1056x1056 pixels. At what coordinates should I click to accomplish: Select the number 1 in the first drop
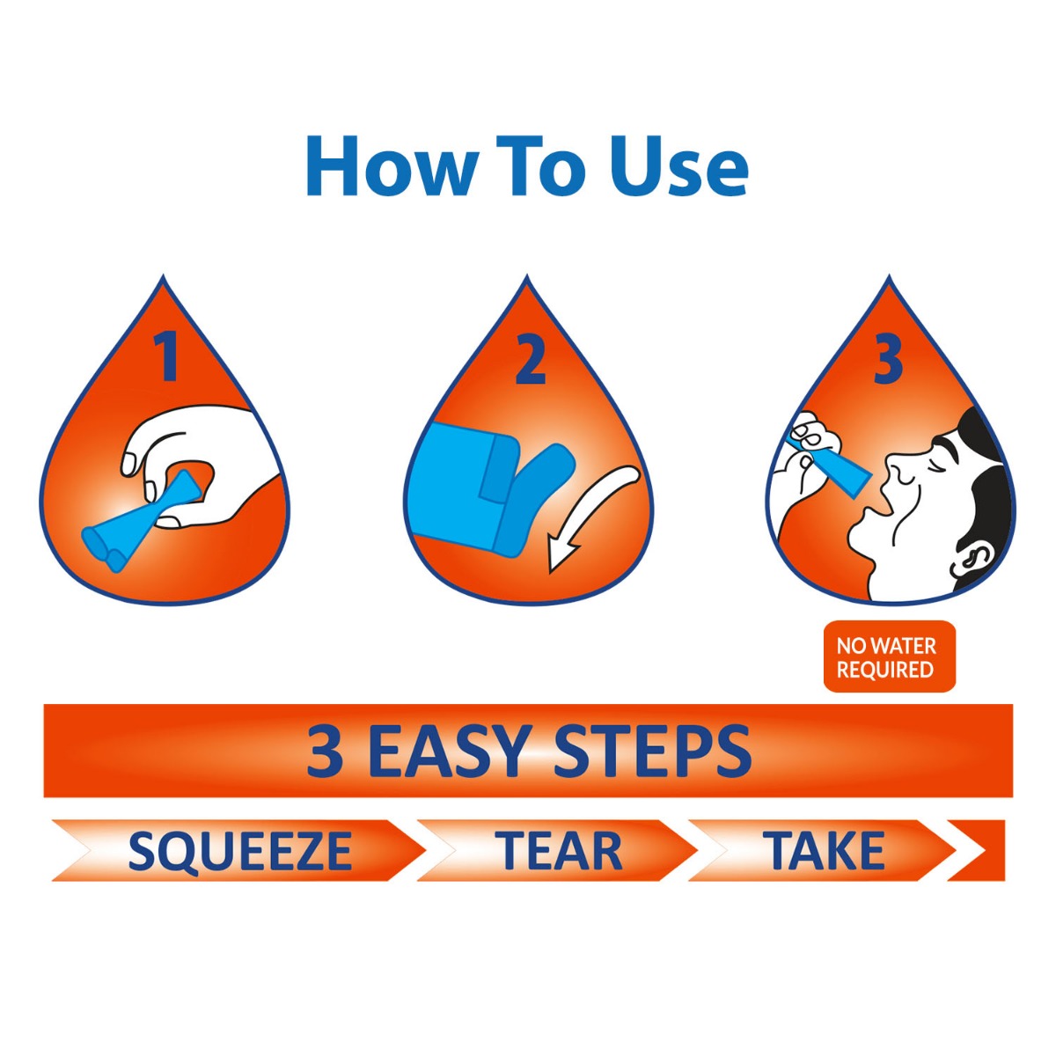click(166, 358)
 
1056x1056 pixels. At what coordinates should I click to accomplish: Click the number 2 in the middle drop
click(530, 361)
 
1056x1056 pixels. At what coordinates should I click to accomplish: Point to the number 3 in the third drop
click(888, 361)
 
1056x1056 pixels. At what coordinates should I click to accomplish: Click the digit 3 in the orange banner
click(325, 750)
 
